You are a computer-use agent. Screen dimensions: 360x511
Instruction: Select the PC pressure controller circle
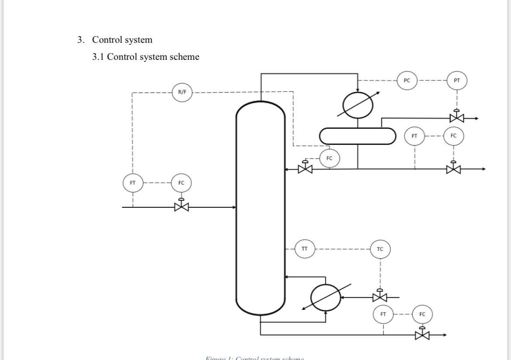(407, 80)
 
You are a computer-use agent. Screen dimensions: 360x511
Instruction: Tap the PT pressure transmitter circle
(457, 80)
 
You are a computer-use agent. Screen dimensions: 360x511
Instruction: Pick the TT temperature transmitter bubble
(304, 249)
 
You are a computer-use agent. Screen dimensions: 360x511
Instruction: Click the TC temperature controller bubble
(380, 249)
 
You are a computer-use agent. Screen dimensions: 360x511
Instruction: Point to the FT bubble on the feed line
(133, 182)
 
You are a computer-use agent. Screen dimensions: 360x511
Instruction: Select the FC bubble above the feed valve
(181, 182)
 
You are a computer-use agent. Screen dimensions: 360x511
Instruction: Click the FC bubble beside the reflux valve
(329, 158)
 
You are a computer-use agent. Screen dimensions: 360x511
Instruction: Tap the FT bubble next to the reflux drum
(414, 136)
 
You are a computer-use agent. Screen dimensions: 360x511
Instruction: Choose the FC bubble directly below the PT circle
(453, 136)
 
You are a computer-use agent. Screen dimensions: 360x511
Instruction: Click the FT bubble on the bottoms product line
(383, 314)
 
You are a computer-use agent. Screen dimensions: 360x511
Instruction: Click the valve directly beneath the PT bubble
(457, 118)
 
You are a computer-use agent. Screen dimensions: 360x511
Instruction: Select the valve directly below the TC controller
(380, 297)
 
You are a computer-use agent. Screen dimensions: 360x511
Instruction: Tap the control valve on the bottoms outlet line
(422, 335)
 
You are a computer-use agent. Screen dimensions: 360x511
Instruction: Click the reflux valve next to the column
(305, 168)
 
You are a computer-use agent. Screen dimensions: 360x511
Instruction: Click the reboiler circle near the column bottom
(326, 297)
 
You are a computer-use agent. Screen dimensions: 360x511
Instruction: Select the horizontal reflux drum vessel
(358, 136)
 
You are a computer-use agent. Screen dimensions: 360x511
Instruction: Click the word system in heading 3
(138, 40)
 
